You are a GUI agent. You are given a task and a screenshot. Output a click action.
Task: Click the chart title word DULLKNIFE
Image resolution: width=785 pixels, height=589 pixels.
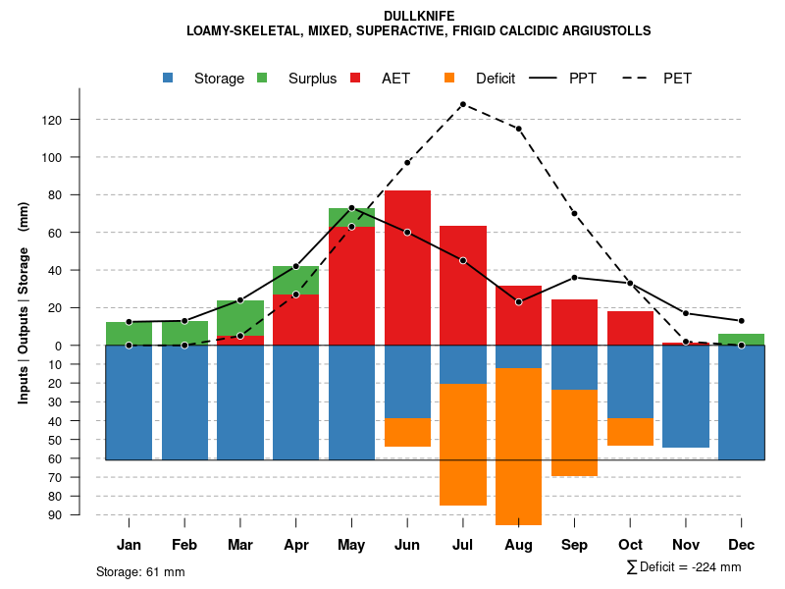pos(418,17)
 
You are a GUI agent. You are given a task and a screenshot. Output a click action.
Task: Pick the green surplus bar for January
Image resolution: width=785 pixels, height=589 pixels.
pos(129,334)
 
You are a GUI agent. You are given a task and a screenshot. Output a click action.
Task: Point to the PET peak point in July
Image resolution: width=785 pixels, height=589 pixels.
pos(462,104)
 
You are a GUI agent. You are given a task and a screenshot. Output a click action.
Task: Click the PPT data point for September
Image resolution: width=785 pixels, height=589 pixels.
pos(574,278)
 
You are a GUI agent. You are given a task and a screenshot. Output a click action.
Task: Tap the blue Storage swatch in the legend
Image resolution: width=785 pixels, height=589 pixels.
pos(169,79)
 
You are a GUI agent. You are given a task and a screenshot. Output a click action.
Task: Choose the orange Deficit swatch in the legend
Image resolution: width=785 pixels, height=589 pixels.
pos(449,79)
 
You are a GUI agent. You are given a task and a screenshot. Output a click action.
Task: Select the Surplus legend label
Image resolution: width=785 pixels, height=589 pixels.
pos(312,79)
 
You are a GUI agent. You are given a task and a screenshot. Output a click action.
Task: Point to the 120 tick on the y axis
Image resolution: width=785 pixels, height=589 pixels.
pos(78,120)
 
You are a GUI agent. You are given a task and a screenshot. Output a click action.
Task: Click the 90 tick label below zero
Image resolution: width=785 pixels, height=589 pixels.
pos(82,514)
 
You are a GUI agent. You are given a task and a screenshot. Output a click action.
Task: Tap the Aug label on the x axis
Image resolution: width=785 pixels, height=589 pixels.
pos(518,545)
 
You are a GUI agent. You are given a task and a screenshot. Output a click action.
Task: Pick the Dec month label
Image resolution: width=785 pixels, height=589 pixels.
pos(741,545)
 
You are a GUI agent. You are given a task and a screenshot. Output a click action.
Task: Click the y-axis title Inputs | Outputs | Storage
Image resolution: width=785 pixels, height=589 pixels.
pos(24,301)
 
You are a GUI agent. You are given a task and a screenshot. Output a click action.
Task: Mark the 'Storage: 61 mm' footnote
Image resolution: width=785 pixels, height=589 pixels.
pos(140,571)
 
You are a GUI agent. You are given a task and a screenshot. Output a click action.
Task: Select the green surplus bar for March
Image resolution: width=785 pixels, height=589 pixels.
pos(240,318)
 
